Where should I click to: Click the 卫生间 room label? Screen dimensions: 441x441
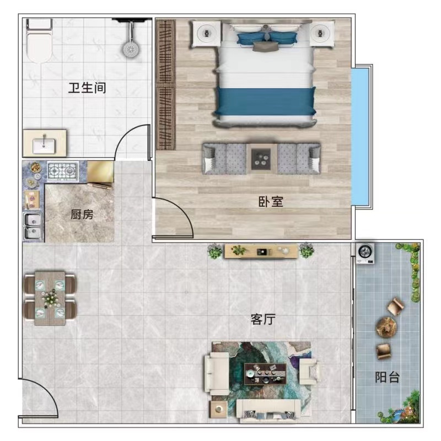pyautogui.click(x=87, y=88)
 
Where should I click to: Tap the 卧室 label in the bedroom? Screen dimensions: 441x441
pyautogui.click(x=271, y=202)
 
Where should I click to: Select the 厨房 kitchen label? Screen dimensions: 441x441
pyautogui.click(x=82, y=214)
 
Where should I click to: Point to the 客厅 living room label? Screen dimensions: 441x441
pyautogui.click(x=263, y=319)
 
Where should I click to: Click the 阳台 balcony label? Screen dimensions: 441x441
pyautogui.click(x=388, y=377)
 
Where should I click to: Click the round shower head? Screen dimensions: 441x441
pyautogui.click(x=131, y=49)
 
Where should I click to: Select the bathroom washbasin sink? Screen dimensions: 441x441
pyautogui.click(x=44, y=146)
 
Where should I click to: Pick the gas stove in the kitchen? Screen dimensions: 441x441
pyautogui.click(x=63, y=170)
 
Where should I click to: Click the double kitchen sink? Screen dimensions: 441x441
pyautogui.click(x=33, y=227)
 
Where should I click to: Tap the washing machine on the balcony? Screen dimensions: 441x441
pyautogui.click(x=365, y=253)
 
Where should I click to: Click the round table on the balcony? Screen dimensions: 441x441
pyautogui.click(x=386, y=327)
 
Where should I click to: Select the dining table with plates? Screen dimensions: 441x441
pyautogui.click(x=50, y=298)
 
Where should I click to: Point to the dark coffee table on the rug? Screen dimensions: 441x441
pyautogui.click(x=265, y=374)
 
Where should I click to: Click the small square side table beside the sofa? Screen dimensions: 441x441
pyautogui.click(x=218, y=409)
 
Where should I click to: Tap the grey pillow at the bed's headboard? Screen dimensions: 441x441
pyautogui.click(x=266, y=47)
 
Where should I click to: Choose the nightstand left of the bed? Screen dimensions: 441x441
pyautogui.click(x=206, y=34)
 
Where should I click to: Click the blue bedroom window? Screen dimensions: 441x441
pyautogui.click(x=361, y=136)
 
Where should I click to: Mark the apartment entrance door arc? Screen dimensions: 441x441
pyautogui.click(x=46, y=391)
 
